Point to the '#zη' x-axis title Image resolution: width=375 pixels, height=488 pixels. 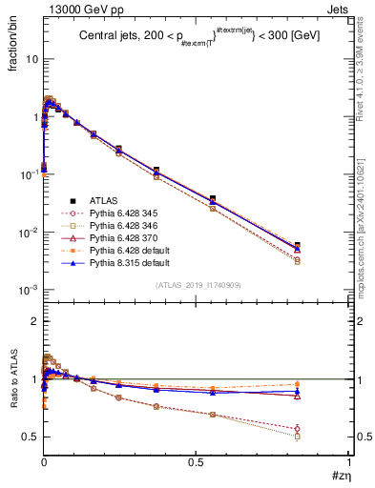tap(338, 474)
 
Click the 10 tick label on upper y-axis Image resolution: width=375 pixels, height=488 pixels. tap(30, 58)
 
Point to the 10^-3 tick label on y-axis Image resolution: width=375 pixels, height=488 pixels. tap(28, 290)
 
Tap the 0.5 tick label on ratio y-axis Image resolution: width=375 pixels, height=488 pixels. tap(30, 437)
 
